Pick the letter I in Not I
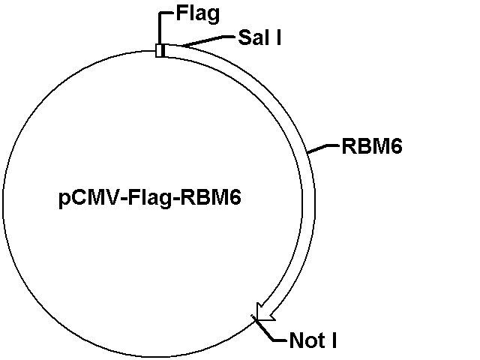332,342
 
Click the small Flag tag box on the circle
160,50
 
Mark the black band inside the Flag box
161,50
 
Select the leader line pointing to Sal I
206,40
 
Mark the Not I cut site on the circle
256,319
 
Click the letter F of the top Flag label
181,13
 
